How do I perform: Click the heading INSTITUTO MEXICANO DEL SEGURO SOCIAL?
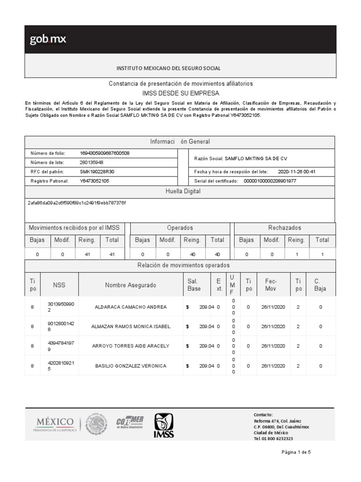168,68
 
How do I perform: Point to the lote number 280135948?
92,162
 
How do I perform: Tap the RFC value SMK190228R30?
97,171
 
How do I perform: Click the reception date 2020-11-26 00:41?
297,172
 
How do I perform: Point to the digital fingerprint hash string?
77,202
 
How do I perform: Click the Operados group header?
180,228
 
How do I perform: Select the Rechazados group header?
284,228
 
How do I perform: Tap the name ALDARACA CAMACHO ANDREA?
131,307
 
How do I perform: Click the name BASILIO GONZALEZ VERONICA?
131,366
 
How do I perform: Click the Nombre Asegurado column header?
131,285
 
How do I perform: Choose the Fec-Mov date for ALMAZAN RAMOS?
273,326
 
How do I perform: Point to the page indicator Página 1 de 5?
296,452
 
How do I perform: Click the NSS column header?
59,285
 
